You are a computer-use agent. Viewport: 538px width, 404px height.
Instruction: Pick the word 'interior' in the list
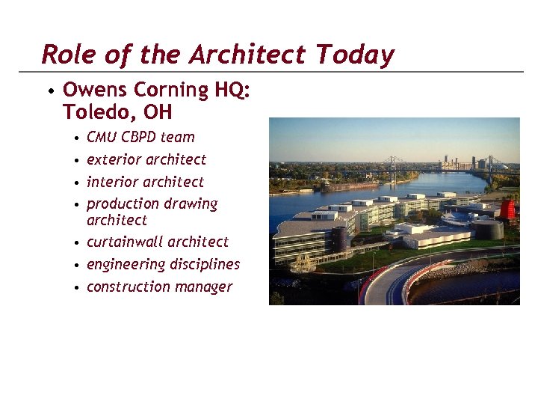tap(113, 182)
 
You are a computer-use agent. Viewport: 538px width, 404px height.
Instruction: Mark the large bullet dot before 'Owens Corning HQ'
tap(49, 92)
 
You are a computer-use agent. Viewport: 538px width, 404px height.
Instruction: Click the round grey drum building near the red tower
tap(488, 229)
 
